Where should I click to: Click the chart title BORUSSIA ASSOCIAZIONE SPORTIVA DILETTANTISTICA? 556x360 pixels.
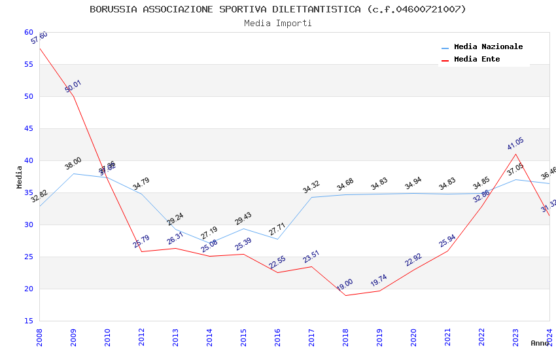(x=278, y=9)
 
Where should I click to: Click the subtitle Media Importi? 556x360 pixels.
(x=278, y=23)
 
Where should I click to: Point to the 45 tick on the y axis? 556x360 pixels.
(x=28, y=128)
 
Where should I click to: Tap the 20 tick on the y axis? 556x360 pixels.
(x=28, y=289)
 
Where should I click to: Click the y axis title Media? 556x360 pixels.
(x=20, y=177)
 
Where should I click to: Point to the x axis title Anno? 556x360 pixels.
(x=540, y=343)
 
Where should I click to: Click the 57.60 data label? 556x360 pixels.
(x=39, y=38)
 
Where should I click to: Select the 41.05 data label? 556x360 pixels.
(x=515, y=144)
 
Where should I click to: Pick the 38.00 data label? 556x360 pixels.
(x=73, y=163)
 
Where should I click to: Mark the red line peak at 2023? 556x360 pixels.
(x=515, y=154)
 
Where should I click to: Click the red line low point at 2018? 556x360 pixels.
(x=345, y=295)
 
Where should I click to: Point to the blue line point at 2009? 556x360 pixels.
(x=73, y=173)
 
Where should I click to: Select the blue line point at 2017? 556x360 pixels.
(x=311, y=197)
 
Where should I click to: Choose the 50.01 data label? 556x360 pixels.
(x=73, y=86)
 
